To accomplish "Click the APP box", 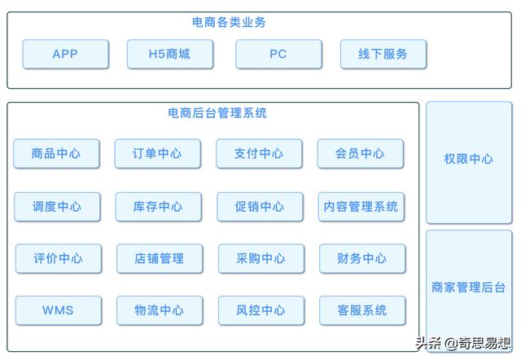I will [x=65, y=55].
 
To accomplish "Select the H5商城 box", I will [x=169, y=55].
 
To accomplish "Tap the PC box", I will [x=278, y=55].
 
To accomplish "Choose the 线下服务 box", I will [x=383, y=55].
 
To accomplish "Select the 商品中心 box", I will [x=56, y=154].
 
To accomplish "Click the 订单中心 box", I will [x=157, y=154].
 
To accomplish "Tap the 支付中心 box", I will [x=259, y=154].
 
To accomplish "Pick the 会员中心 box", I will [x=360, y=154].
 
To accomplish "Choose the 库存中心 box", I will [x=158, y=207].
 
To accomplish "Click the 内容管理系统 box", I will [x=361, y=207].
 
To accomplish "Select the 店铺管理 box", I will [x=159, y=259].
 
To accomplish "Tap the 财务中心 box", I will [x=361, y=259].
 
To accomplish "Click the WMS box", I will [x=58, y=310].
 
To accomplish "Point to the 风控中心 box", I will [x=260, y=310].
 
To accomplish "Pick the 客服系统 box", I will [x=362, y=310].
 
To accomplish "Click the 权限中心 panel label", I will [x=468, y=159].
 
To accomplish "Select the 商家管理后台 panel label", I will [x=468, y=288].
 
